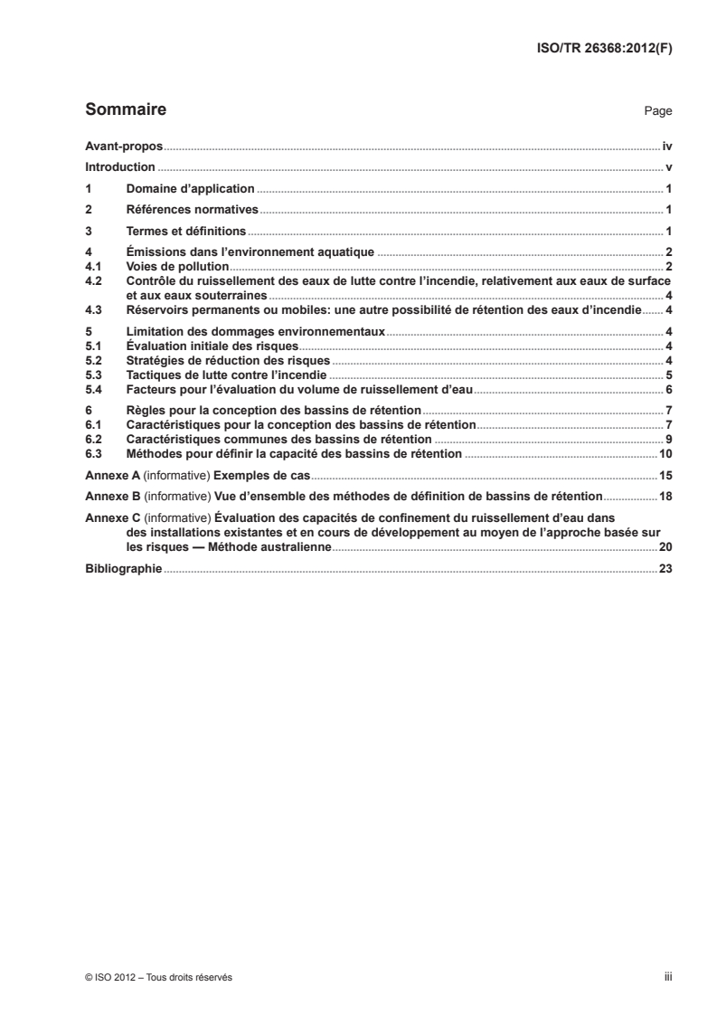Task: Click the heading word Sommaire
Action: pyautogui.click(x=125, y=110)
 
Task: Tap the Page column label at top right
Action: pyautogui.click(x=657, y=112)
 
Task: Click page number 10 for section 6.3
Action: pyautogui.click(x=665, y=453)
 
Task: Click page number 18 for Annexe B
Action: pyautogui.click(x=665, y=496)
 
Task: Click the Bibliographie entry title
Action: pyautogui.click(x=123, y=569)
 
